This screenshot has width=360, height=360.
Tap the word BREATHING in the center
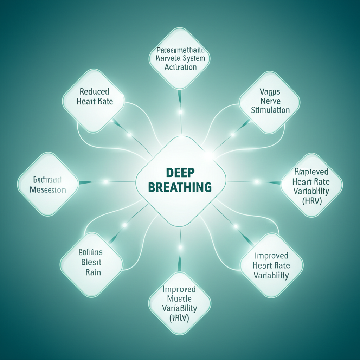point(180,187)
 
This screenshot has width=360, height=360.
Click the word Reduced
point(94,91)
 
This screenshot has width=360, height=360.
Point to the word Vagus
point(270,92)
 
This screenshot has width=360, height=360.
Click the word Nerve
point(270,101)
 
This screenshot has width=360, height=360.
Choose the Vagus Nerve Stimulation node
point(270,102)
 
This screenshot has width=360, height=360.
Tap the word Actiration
point(180,67)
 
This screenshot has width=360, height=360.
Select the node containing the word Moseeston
point(48,185)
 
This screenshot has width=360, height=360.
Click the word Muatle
point(179,299)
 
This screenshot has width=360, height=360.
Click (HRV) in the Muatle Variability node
point(179,318)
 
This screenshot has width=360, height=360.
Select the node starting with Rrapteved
point(311,186)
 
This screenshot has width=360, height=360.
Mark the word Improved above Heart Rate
point(271,256)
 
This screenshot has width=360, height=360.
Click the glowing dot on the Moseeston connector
point(105,182)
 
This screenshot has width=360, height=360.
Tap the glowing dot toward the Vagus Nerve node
point(232,135)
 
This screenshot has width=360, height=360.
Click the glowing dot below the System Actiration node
point(181,112)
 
